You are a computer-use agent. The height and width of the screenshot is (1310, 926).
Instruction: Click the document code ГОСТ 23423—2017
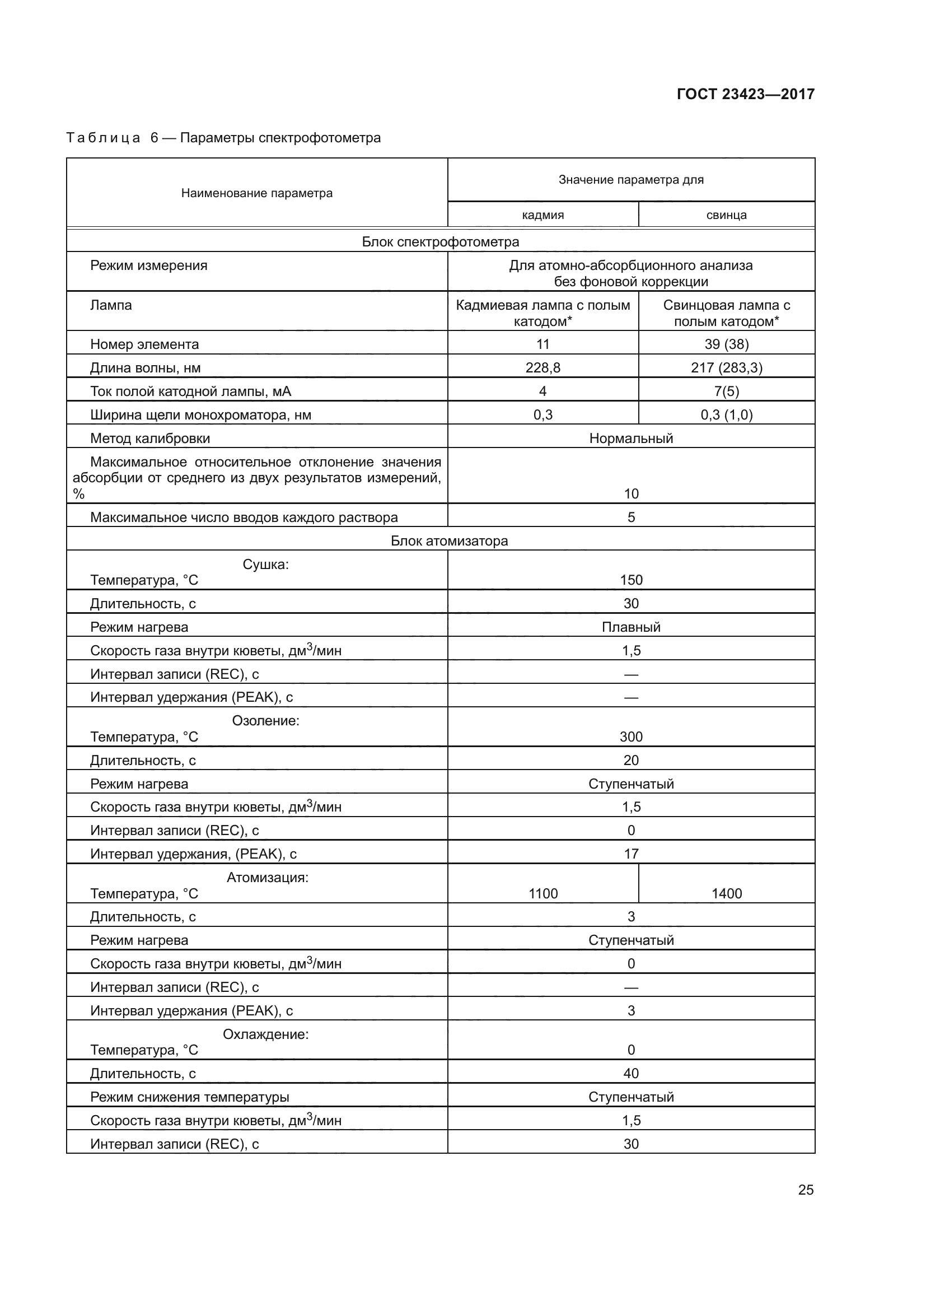(x=745, y=94)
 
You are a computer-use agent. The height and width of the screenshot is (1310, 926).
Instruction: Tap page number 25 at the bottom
(x=806, y=1190)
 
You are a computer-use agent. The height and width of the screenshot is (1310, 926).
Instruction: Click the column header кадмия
(x=543, y=215)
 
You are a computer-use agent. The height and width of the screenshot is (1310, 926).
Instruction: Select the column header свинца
(x=727, y=215)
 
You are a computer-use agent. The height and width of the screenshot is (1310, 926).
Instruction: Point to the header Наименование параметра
(x=256, y=193)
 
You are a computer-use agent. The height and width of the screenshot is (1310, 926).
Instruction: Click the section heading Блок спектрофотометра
(x=440, y=242)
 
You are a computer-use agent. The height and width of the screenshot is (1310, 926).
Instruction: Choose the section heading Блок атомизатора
(x=449, y=541)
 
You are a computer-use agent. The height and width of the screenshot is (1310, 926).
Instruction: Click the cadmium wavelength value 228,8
(x=543, y=368)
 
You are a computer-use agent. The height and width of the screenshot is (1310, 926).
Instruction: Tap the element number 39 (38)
(x=727, y=344)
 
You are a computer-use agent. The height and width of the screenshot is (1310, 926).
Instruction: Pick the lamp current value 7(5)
(x=727, y=391)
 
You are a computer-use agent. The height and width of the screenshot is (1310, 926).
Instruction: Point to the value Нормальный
(x=630, y=438)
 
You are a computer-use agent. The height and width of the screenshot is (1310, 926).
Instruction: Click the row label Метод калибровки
(x=150, y=438)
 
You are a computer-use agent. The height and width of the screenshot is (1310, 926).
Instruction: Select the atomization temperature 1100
(x=543, y=893)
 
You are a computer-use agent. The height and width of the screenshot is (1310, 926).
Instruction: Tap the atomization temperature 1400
(x=727, y=893)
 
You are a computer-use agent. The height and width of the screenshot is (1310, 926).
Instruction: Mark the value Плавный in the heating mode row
(x=630, y=627)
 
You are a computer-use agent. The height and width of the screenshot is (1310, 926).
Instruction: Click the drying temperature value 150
(x=630, y=580)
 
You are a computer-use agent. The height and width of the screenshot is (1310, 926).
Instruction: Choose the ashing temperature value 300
(x=630, y=736)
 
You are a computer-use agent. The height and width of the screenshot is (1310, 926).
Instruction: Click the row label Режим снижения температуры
(x=189, y=1097)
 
